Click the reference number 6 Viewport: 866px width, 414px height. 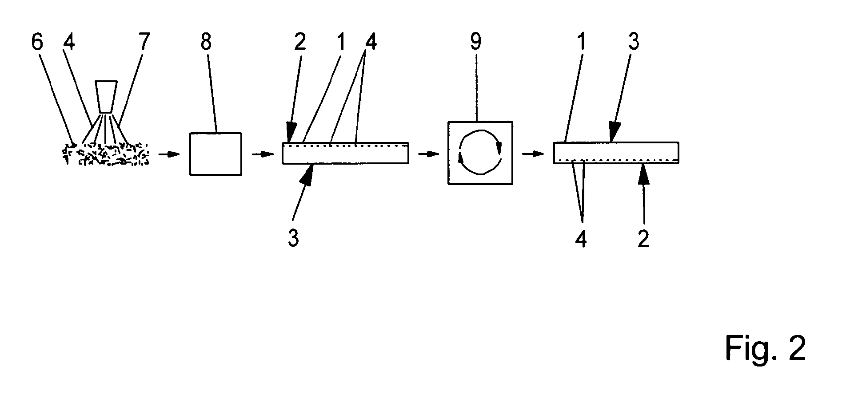(38, 43)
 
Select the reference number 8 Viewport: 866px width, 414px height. (206, 43)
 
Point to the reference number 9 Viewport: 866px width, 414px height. (476, 43)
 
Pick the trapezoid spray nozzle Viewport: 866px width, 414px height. (107, 96)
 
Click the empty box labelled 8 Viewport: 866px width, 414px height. (216, 154)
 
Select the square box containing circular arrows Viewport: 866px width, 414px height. (480, 153)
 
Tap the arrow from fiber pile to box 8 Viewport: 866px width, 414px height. (169, 154)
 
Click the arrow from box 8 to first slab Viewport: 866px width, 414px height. (262, 154)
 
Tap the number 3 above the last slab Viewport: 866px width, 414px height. (633, 43)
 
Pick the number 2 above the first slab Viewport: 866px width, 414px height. (300, 43)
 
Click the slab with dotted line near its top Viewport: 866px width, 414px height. (345, 153)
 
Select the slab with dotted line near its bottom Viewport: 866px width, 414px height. (616, 153)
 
